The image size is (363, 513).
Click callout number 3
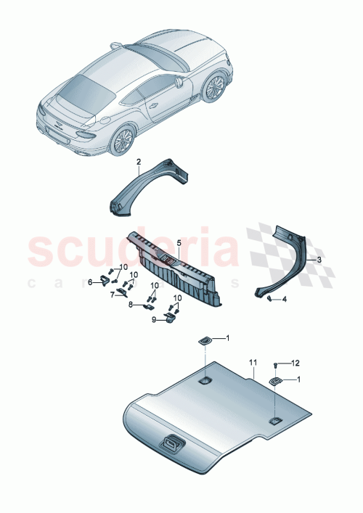(x=317, y=258)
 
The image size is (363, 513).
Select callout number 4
(x=284, y=299)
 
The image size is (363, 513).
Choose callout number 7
(x=112, y=295)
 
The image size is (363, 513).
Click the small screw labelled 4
(x=270, y=297)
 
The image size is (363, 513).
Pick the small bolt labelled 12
(x=276, y=364)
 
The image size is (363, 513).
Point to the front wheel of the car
(x=215, y=88)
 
